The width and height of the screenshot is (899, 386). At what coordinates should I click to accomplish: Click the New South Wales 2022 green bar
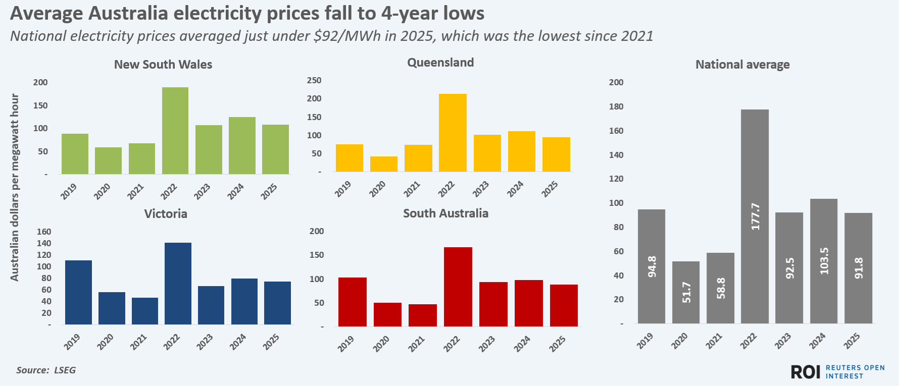pyautogui.click(x=175, y=131)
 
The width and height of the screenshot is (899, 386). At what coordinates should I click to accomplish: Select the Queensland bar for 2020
pyautogui.click(x=384, y=164)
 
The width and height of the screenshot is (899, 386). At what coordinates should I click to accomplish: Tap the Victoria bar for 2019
pyautogui.click(x=78, y=292)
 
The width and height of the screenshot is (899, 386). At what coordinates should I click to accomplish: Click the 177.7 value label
pyautogui.click(x=755, y=216)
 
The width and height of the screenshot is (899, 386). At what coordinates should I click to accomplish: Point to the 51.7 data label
pyautogui.click(x=686, y=292)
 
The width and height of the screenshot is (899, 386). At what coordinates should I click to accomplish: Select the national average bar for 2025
pyautogui.click(x=858, y=268)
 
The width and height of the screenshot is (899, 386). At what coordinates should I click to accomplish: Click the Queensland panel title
pyautogui.click(x=440, y=63)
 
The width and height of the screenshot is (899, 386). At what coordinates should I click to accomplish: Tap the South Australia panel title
pyautogui.click(x=445, y=213)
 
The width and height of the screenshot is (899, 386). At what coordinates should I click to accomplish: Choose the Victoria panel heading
pyautogui.click(x=166, y=214)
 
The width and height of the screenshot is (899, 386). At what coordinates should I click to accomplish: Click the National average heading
pyautogui.click(x=742, y=65)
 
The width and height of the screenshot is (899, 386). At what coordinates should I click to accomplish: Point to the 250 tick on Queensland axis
pyautogui.click(x=314, y=80)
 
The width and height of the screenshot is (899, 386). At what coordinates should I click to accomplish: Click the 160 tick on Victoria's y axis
pyautogui.click(x=44, y=232)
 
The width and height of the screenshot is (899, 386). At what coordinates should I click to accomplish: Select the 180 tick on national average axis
pyautogui.click(x=616, y=106)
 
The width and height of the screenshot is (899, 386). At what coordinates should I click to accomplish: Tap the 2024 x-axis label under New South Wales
pyautogui.click(x=235, y=192)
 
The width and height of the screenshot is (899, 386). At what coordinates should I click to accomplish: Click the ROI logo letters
pyautogui.click(x=806, y=372)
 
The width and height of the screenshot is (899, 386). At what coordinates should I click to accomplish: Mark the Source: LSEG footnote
pyautogui.click(x=46, y=370)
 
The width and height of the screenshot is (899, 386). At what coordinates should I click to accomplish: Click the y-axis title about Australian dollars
pyautogui.click(x=15, y=187)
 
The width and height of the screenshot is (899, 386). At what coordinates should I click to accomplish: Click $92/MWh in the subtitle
pyautogui.click(x=347, y=36)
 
